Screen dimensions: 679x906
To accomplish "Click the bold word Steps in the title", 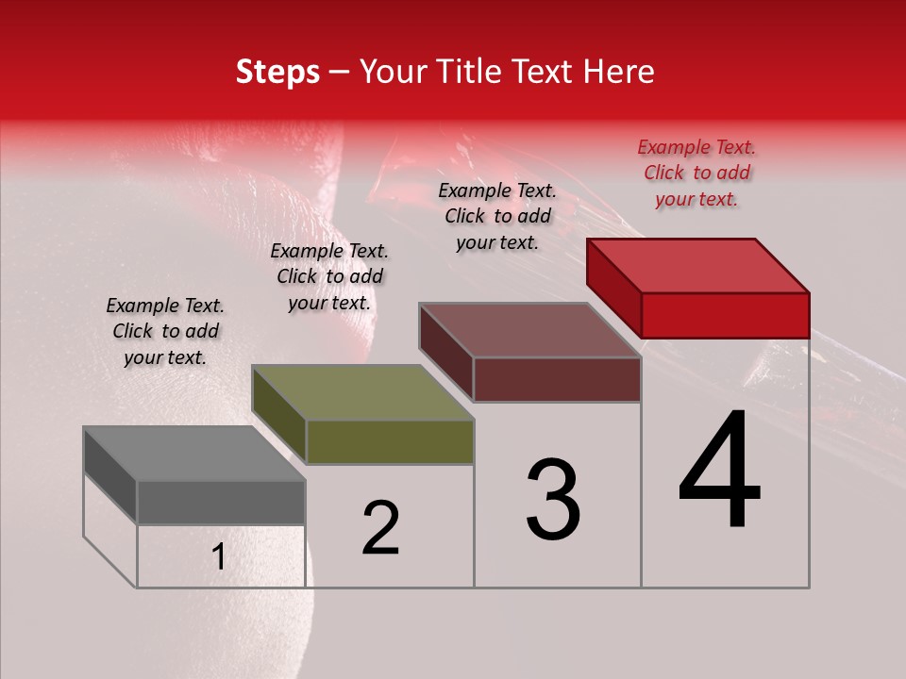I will (277, 72).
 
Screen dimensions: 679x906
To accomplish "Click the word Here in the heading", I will (618, 72).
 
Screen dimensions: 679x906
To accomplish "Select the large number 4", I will (720, 472).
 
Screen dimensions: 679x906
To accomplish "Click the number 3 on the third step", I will (553, 500).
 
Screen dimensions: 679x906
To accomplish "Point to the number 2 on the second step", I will (380, 529).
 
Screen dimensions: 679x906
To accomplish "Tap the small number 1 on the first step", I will (219, 557).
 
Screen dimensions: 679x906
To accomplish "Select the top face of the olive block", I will (362, 392).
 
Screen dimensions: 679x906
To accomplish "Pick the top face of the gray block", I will (194, 454).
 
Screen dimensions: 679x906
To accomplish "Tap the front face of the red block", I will (725, 315).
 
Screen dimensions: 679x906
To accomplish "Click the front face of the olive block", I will (390, 442).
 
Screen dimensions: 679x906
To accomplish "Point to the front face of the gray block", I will (221, 503).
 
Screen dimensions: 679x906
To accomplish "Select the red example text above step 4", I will (696, 174).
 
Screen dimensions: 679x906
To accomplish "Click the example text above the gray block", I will (165, 332).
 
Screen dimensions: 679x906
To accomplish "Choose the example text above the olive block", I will (329, 277).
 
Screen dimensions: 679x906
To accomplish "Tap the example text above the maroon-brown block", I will (497, 216).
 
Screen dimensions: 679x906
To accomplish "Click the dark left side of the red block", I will (614, 287).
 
